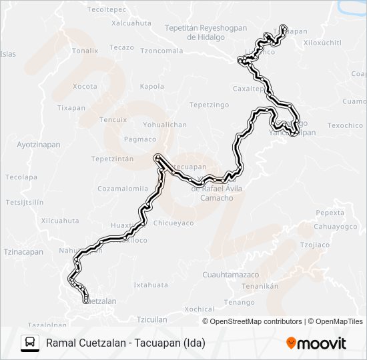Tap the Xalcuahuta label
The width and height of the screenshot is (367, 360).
[x=131, y=23]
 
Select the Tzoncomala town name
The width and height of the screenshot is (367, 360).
[x=161, y=51]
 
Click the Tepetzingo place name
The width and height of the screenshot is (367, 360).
[x=209, y=105]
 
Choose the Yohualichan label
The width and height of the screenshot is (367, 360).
[x=165, y=125]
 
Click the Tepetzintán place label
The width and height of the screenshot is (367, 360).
[x=113, y=159]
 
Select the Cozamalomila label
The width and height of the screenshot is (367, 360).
[x=123, y=189]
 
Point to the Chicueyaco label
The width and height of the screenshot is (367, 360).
[x=173, y=223]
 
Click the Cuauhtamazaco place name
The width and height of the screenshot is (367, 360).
[x=230, y=275]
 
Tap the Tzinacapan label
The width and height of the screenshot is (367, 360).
[x=23, y=252]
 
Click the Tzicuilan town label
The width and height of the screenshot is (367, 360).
[x=151, y=319]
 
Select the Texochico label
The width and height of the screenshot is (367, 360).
[x=346, y=125]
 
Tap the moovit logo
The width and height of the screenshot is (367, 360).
[x=316, y=343]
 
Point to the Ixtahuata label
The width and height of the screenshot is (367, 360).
[x=151, y=285]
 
